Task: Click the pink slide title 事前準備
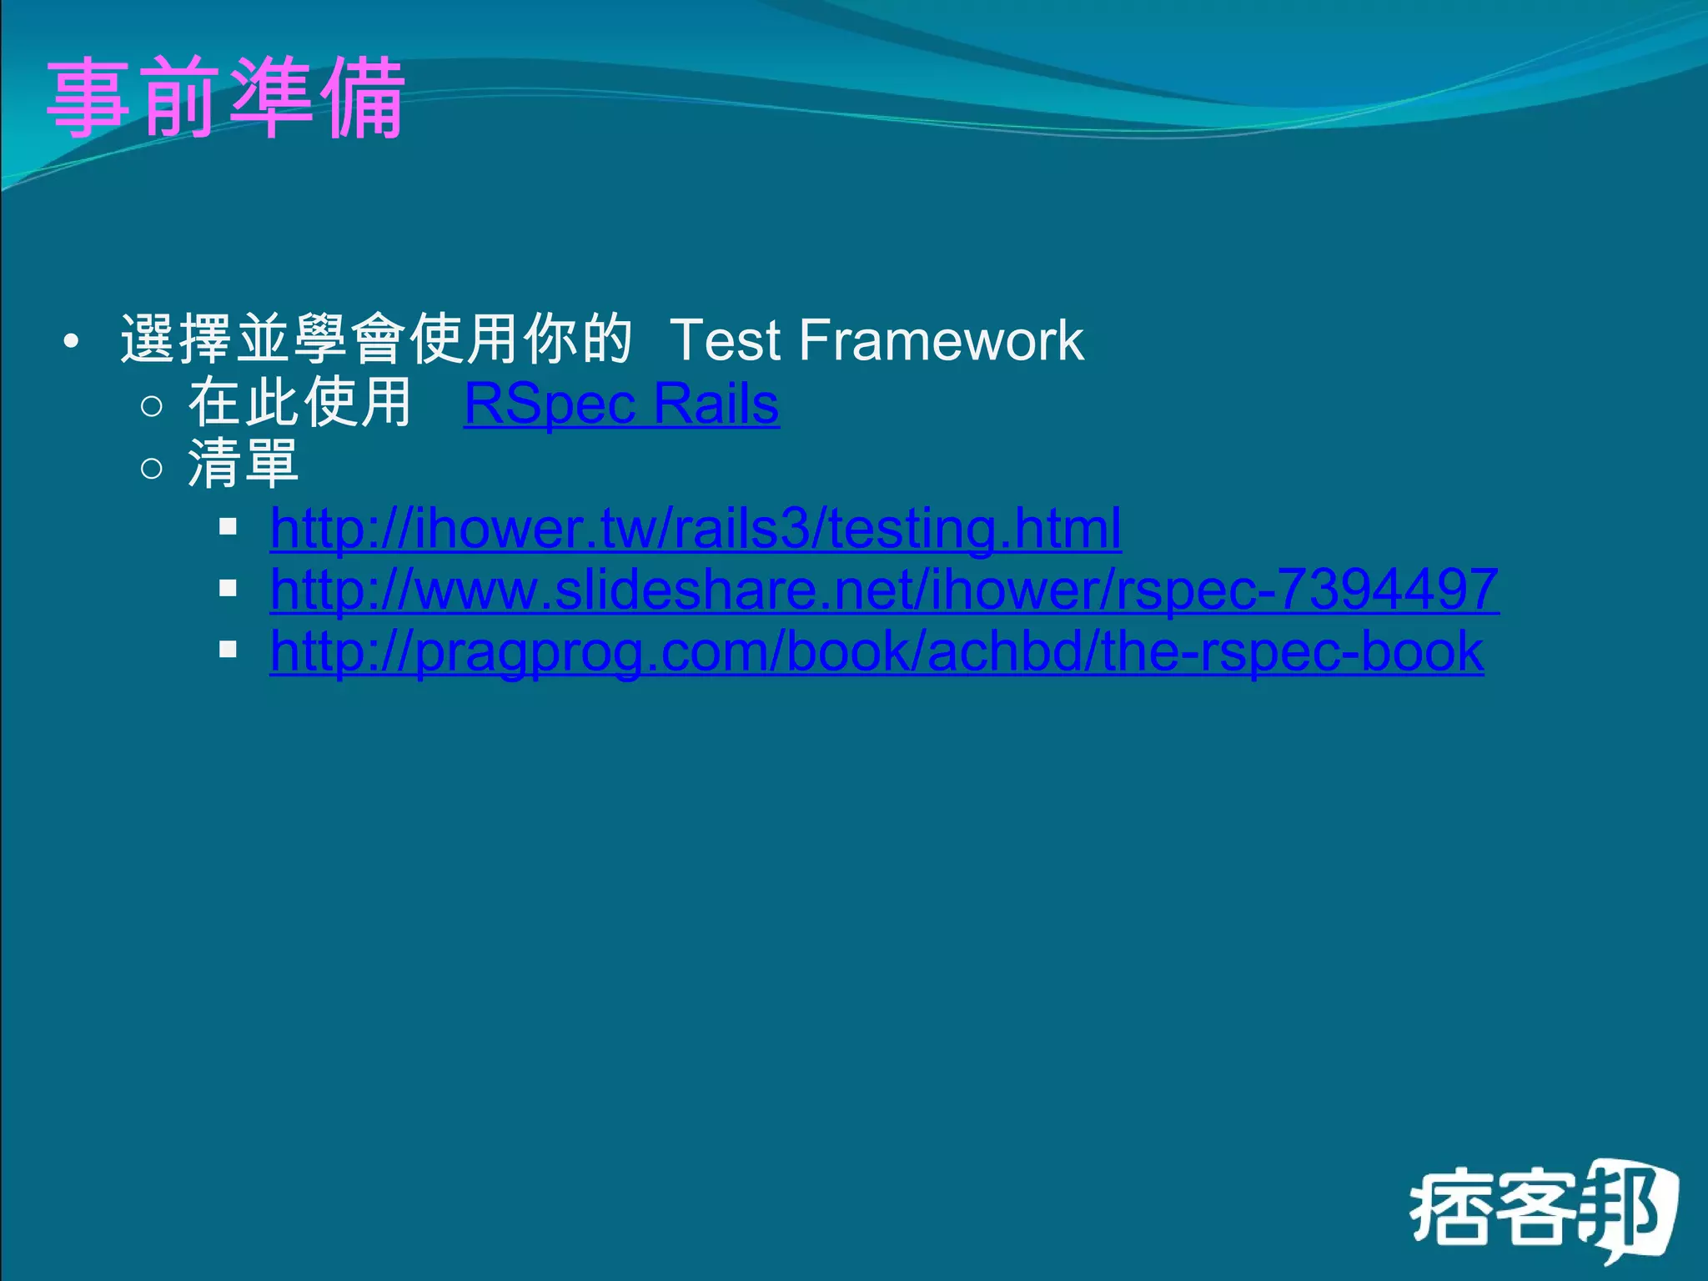(x=225, y=98)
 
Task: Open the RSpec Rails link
(x=621, y=404)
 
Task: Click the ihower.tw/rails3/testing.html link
(x=696, y=529)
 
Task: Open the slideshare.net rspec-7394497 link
(x=884, y=590)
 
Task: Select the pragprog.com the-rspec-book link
(x=877, y=651)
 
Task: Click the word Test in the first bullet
(x=724, y=341)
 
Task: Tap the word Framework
(x=941, y=341)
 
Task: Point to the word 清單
(x=243, y=465)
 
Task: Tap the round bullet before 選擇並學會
(x=72, y=342)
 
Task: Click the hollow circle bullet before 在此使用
(x=152, y=406)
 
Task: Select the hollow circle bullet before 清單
(x=152, y=468)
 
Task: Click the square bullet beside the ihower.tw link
(x=228, y=527)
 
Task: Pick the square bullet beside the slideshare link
(x=228, y=589)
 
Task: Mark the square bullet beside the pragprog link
(x=228, y=650)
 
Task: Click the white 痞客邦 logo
(x=1543, y=1209)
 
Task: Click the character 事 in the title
(x=88, y=98)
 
